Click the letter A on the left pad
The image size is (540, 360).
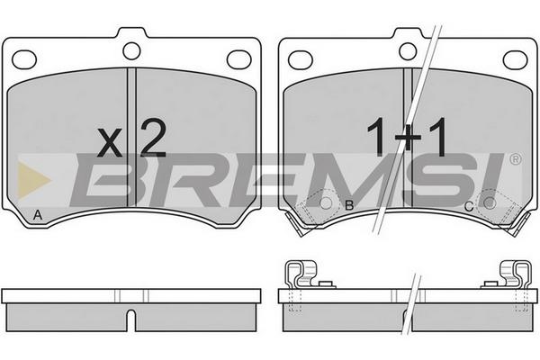coord(38,215)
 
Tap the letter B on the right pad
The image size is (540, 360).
coord(349,206)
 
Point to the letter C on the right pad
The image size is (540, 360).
coord(469,207)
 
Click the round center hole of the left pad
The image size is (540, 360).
coord(131,51)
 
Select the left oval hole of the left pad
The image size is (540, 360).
coord(24,59)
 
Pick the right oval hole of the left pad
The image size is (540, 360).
coord(239,59)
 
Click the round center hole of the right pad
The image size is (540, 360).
coord(408,51)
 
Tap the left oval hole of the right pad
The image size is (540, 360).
coord(301,59)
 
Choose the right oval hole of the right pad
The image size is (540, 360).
coord(515,59)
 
